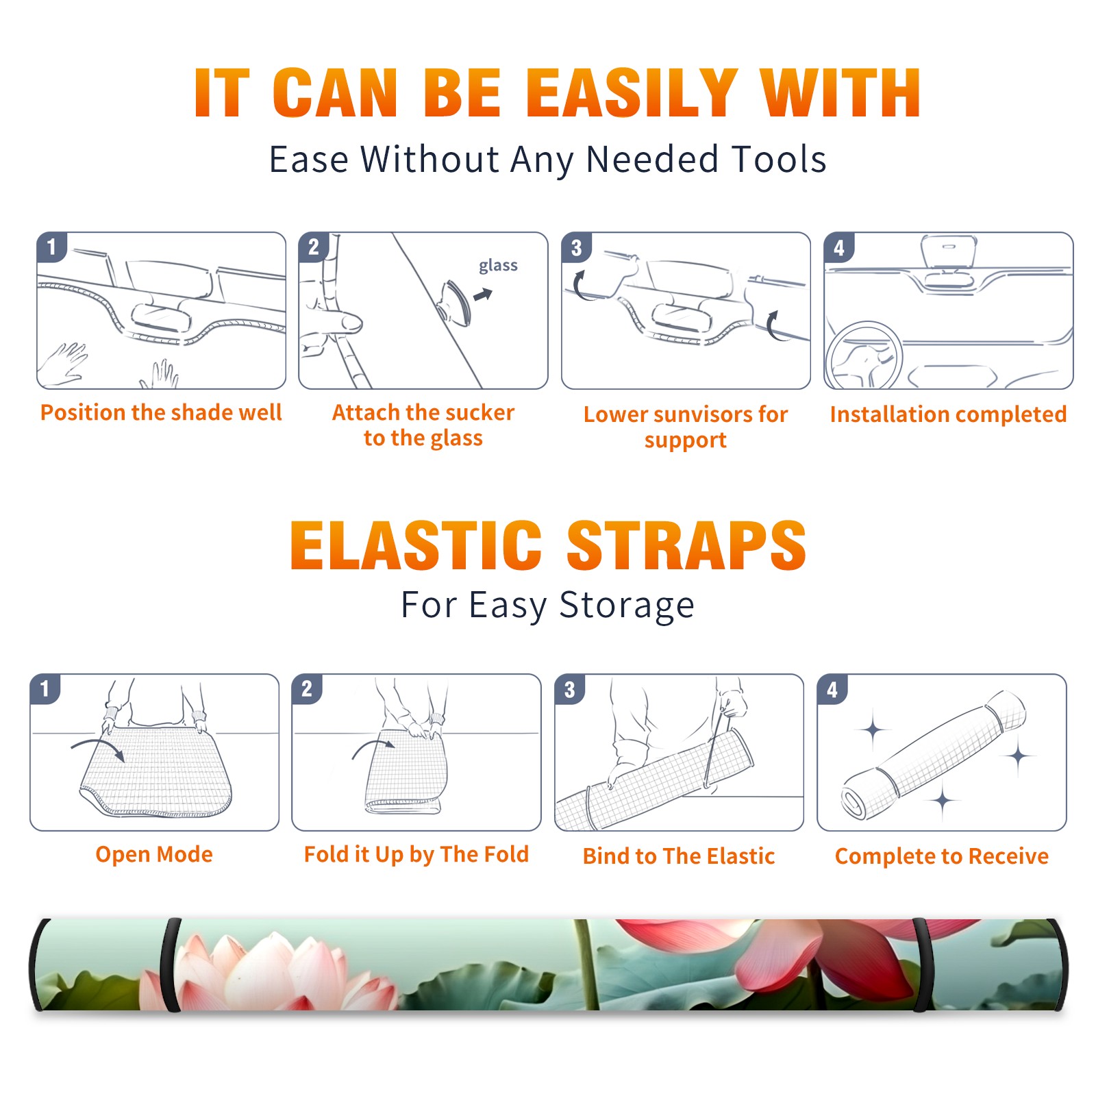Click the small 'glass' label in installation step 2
(498, 266)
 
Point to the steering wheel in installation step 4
(864, 356)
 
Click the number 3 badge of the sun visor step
(576, 247)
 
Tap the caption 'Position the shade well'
(161, 412)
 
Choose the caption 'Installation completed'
(948, 414)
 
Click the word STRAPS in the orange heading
(686, 545)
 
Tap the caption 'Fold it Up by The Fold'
(416, 854)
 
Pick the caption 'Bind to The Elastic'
(679, 856)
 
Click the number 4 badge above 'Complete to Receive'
(832, 689)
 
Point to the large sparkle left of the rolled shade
(873, 730)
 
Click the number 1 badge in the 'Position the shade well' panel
(51, 247)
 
